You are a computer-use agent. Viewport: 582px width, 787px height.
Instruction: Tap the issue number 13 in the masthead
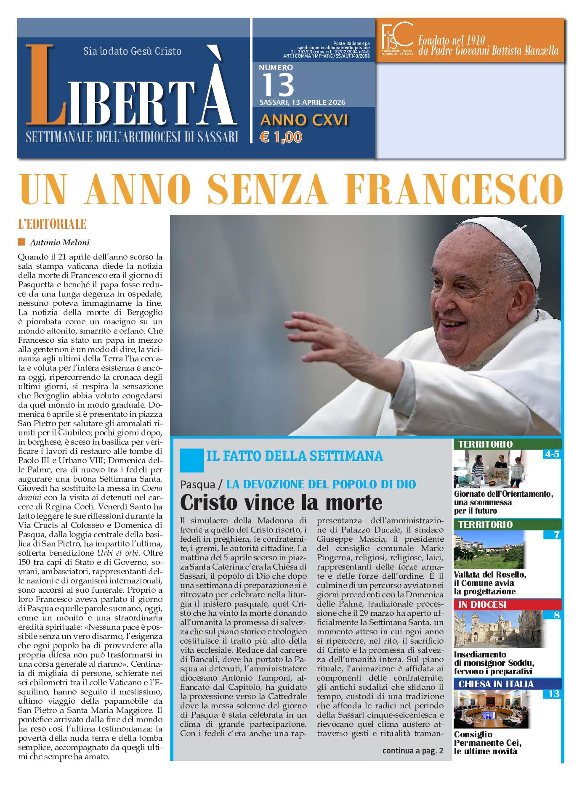click(278, 85)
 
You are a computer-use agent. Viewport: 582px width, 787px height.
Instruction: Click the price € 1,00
click(281, 137)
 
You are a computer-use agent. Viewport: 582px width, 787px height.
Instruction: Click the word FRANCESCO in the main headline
click(456, 188)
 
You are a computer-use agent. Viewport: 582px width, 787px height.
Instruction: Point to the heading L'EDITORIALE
click(52, 224)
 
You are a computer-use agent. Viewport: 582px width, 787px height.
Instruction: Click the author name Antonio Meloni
click(59, 242)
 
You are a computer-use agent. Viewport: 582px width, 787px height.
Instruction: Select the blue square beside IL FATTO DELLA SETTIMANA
click(191, 460)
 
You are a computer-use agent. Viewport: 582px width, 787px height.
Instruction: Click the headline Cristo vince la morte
click(281, 502)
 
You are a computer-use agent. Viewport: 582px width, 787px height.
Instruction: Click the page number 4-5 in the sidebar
click(551, 454)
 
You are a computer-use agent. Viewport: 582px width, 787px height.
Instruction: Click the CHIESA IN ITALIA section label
click(496, 684)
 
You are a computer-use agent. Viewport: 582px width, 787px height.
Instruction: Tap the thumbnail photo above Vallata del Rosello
click(489, 550)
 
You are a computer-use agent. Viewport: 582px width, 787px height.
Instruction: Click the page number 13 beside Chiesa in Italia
click(553, 694)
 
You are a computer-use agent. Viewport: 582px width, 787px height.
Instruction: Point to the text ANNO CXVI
click(304, 120)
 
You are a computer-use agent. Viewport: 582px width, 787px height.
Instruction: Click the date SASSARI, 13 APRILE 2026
click(302, 103)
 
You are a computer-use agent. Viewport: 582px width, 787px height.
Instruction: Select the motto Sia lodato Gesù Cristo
click(132, 51)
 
